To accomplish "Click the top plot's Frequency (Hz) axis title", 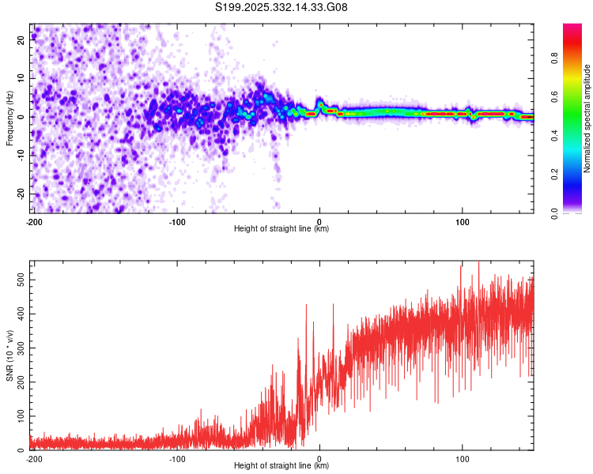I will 9,118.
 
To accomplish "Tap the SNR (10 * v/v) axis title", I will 9,355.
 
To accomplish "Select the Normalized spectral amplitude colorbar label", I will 587,118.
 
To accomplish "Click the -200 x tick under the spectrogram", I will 34,221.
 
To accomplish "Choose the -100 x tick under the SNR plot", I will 176,458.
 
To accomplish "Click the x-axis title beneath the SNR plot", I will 281,466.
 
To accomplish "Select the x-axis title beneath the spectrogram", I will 281,229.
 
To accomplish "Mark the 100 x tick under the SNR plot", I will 462,458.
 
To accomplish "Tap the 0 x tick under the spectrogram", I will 319,221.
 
